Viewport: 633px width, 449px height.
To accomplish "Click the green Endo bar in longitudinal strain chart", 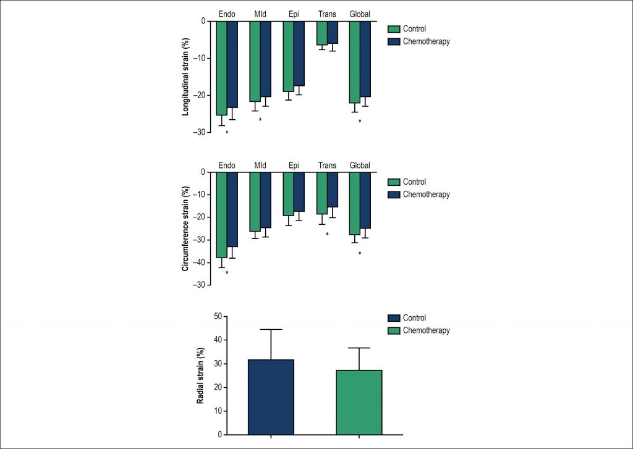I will click(221, 68).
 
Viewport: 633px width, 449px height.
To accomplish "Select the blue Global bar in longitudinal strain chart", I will click(365, 59).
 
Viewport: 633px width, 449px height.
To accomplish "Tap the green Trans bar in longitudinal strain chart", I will click(321, 33).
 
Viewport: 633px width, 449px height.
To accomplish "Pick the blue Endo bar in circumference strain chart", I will click(232, 209).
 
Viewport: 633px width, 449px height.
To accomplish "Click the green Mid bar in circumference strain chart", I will click(255, 202).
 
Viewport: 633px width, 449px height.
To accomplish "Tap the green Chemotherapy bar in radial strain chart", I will click(359, 402).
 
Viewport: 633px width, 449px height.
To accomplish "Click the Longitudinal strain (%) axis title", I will click(185, 77).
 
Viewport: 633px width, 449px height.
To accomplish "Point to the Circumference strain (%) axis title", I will click(185, 229).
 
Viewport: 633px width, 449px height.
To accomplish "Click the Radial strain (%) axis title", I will click(200, 376).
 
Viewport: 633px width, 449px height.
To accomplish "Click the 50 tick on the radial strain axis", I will click(217, 316).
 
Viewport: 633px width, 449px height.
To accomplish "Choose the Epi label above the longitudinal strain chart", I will click(294, 12).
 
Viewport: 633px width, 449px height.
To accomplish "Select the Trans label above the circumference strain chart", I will click(327, 166).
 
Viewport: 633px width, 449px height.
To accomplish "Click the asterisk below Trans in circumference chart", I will click(327, 235).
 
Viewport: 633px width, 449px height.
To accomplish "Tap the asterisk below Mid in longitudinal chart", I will click(260, 120).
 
